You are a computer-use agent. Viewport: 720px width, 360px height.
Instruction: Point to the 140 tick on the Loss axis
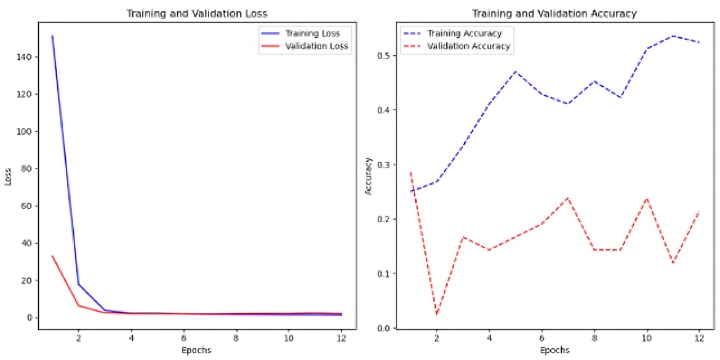point(27,57)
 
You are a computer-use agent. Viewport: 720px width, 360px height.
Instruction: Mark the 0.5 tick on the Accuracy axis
point(385,56)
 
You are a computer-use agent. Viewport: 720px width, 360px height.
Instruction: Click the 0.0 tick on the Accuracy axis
point(385,328)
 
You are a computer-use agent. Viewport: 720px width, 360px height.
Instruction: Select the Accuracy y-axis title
point(369,177)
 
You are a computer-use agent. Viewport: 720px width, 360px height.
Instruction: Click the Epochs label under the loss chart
point(197,350)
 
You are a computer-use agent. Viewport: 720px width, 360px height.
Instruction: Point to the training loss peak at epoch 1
point(52,36)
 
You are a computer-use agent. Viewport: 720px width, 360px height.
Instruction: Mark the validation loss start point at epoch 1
point(52,256)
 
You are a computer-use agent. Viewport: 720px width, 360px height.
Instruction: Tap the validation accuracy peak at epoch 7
point(567,198)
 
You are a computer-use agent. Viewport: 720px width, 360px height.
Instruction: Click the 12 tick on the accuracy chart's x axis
point(698,339)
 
